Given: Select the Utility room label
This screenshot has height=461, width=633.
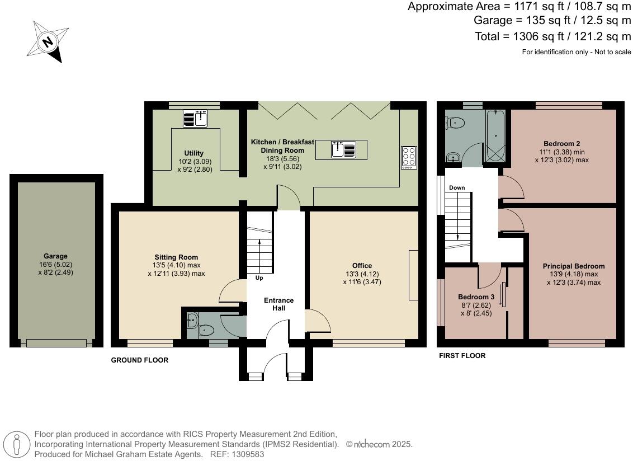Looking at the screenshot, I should [x=194, y=153].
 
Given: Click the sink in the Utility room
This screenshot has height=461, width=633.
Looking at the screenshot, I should [x=196, y=119].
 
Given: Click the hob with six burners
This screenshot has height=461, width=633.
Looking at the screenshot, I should [x=409, y=157].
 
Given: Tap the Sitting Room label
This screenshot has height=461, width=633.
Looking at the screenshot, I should [x=176, y=257].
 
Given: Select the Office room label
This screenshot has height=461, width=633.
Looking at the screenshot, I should [x=362, y=266].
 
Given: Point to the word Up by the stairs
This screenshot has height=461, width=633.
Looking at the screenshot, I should [x=259, y=278].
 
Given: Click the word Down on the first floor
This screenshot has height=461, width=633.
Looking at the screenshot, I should [x=457, y=188].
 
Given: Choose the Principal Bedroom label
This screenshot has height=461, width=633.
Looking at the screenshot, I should [x=573, y=266].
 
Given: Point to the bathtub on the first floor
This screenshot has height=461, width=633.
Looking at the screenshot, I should [x=497, y=137].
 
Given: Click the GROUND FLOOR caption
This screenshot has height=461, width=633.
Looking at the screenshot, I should [x=139, y=360].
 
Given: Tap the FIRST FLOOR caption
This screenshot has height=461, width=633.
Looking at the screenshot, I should [x=461, y=356].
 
